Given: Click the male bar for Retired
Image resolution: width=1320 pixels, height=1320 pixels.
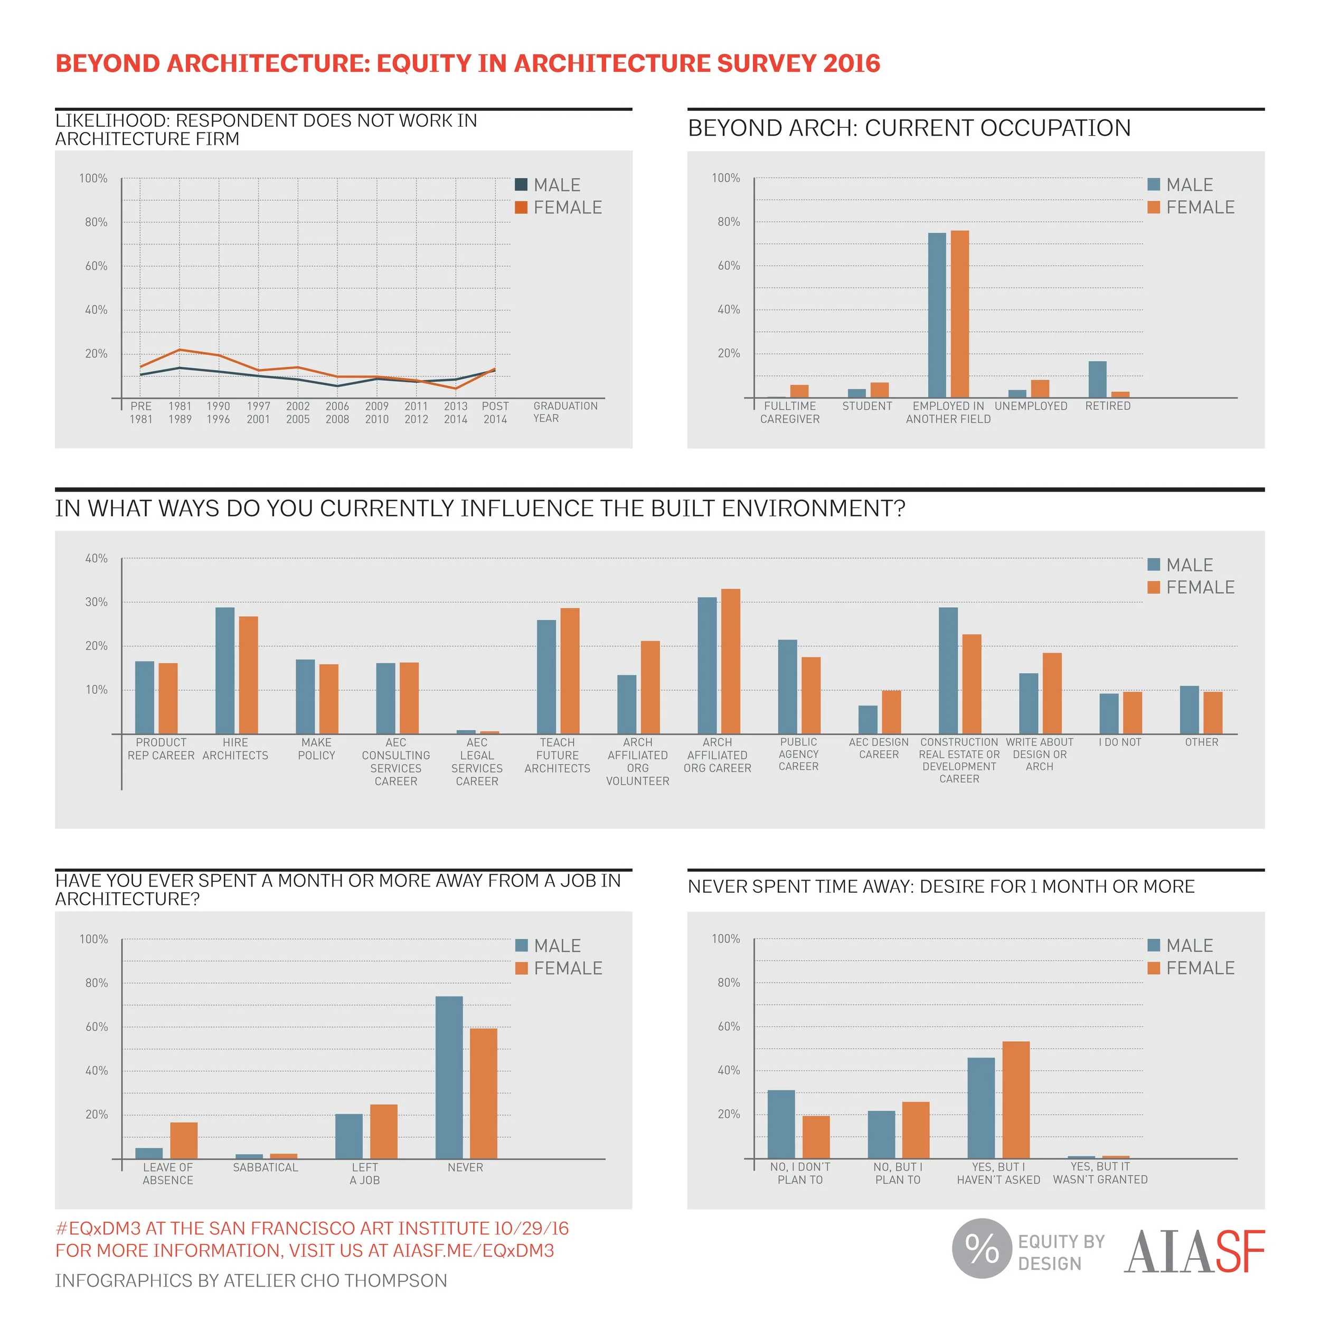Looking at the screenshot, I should [x=1097, y=379].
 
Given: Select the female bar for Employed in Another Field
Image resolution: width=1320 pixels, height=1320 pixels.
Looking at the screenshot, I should [x=959, y=314].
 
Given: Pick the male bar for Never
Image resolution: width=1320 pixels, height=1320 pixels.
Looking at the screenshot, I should [x=449, y=1078].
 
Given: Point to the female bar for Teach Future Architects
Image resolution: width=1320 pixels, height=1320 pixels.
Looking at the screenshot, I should [x=570, y=671].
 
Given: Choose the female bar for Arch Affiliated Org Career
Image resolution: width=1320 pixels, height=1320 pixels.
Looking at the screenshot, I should [x=730, y=662].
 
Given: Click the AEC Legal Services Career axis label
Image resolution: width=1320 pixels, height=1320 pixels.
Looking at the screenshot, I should [x=477, y=762].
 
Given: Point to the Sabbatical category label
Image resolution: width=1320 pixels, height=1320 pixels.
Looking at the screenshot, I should [x=266, y=1167].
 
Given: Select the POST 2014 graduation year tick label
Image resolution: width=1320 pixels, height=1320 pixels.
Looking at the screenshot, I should [x=495, y=413].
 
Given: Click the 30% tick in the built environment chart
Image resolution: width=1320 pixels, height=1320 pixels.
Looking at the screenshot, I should [x=96, y=602].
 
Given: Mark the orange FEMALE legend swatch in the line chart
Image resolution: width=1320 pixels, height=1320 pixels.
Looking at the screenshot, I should [x=521, y=208].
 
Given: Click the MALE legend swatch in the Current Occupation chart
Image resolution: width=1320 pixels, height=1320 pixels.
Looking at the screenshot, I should [x=1154, y=184].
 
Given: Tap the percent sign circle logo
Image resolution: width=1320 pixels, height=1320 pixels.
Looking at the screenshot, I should [x=981, y=1248].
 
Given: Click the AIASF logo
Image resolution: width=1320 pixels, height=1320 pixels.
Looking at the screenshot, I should [x=1194, y=1252].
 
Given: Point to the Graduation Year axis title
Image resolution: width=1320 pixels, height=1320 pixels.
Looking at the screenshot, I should [x=565, y=412].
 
